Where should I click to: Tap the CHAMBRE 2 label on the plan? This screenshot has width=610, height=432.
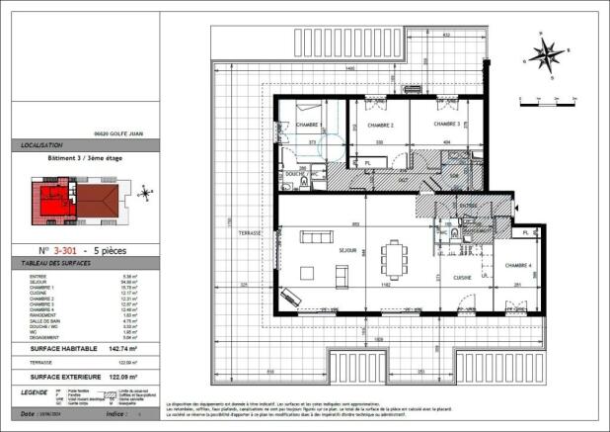click(380, 126)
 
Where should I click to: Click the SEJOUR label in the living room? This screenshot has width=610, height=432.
click(346, 250)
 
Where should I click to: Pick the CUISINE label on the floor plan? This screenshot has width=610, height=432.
click(463, 278)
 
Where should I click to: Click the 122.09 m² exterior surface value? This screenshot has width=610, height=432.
click(119, 377)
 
